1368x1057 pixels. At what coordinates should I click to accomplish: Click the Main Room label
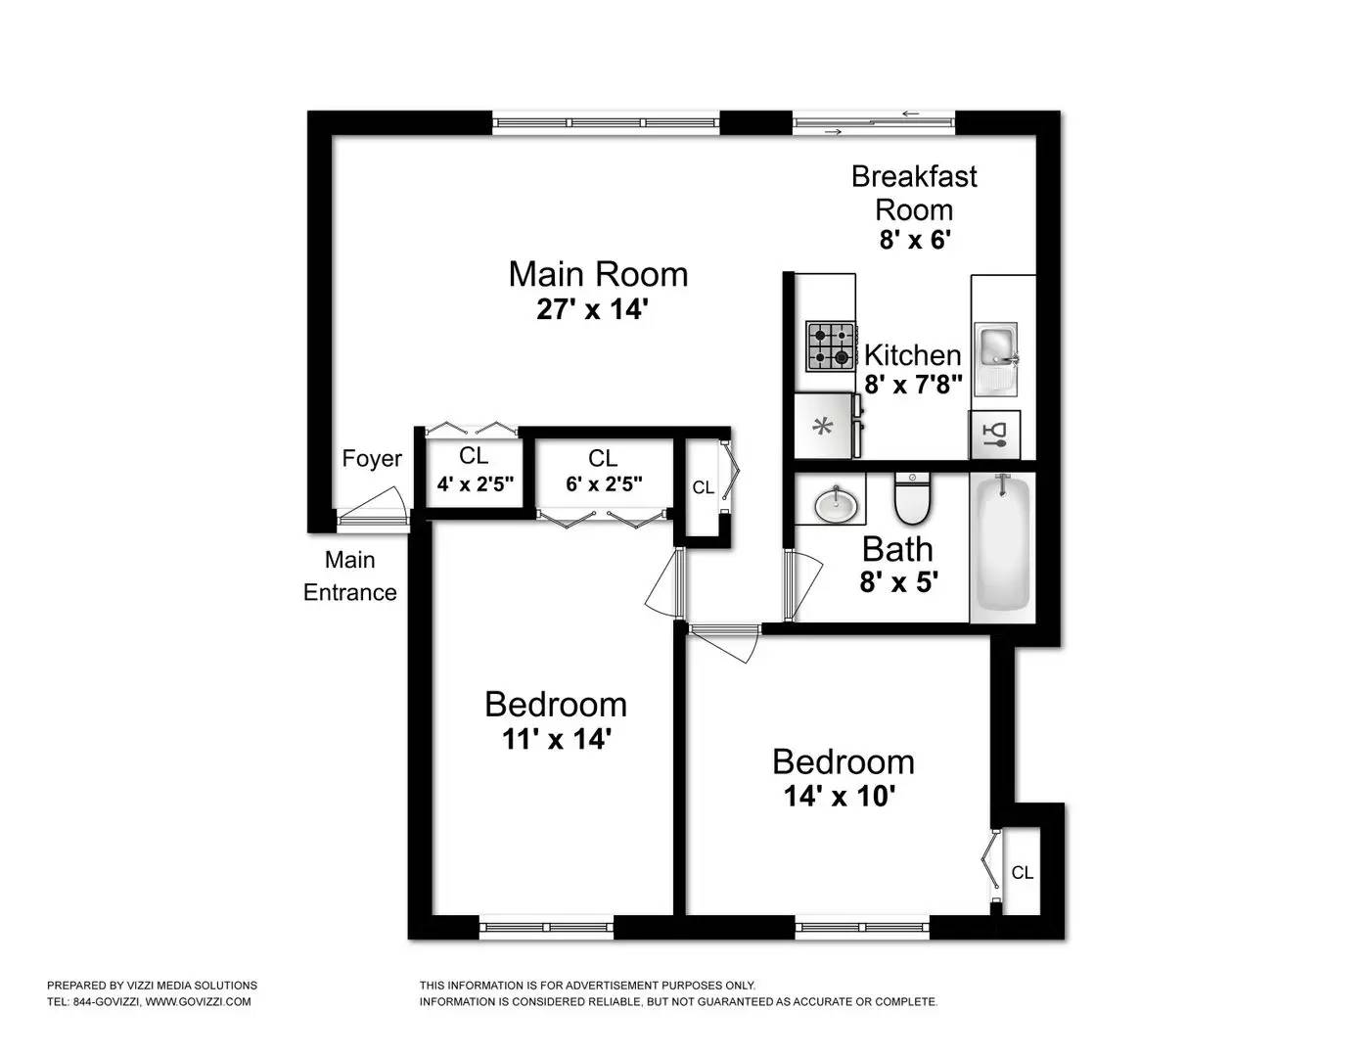click(x=598, y=274)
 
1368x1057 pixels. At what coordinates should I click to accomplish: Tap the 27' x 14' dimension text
click(x=593, y=310)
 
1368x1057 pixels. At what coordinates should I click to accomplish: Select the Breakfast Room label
click(x=914, y=193)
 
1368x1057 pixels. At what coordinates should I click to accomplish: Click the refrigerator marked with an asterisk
click(x=824, y=426)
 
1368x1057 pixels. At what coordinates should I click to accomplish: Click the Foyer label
click(x=372, y=459)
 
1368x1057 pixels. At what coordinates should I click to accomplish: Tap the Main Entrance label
click(x=349, y=576)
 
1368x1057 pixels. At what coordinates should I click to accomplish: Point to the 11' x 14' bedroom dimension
click(x=556, y=739)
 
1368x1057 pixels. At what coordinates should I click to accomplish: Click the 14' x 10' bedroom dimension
click(x=840, y=797)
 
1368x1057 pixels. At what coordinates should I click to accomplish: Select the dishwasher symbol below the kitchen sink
click(x=995, y=435)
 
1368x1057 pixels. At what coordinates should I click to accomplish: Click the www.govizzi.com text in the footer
click(x=199, y=1001)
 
